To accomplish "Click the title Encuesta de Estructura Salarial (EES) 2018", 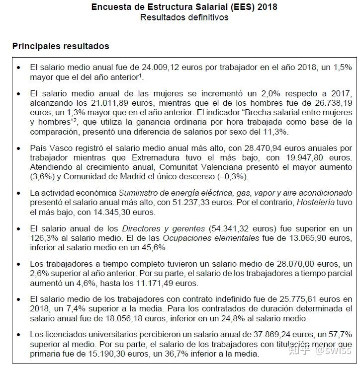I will pyautogui.click(x=184, y=7).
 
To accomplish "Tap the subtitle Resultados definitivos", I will pyautogui.click(x=184, y=17).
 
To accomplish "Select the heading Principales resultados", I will pyautogui.click(x=61, y=46).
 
